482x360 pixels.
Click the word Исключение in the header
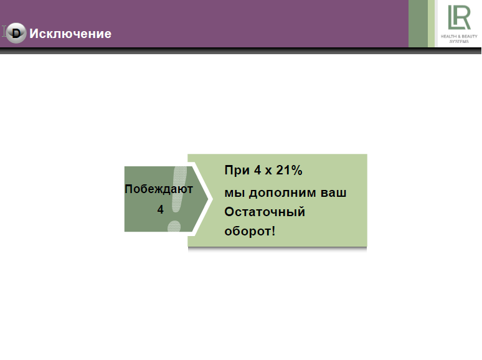pos(70,34)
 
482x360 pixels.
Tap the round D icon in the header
pos(16,33)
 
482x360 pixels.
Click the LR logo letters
pos(459,17)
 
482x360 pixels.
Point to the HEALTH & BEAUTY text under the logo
pos(459,36)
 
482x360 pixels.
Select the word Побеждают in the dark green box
pos(159,189)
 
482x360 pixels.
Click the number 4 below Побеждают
pos(160,209)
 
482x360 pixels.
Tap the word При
pos(237,170)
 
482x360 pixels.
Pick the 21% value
pos(289,170)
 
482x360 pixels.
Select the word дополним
pos(283,193)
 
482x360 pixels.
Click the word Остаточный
pos(265,212)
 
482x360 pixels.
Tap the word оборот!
pos(250,231)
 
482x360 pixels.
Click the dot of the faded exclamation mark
pos(174,226)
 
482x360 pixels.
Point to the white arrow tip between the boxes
pos(212,199)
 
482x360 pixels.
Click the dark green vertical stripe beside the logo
pos(418,24)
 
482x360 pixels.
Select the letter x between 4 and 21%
pos(268,171)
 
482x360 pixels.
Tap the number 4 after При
pos(257,170)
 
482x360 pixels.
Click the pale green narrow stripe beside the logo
pos(432,24)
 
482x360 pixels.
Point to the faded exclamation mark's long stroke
pos(179,189)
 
